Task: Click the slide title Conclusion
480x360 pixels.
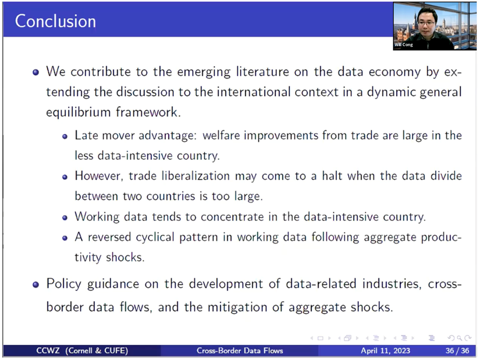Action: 56,21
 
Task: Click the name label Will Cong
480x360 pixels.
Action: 404,45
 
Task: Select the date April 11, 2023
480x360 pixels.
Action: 385,351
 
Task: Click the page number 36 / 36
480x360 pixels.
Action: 457,351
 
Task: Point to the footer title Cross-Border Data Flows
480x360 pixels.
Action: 240,351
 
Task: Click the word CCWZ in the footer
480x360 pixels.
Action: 48,351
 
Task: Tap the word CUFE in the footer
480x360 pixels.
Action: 114,351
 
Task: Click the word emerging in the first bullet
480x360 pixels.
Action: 204,72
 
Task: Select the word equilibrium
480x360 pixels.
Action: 78,113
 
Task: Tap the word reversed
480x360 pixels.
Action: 109,237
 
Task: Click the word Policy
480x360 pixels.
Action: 64,284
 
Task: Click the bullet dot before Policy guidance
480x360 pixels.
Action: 36,285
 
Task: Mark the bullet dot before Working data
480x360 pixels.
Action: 64,218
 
